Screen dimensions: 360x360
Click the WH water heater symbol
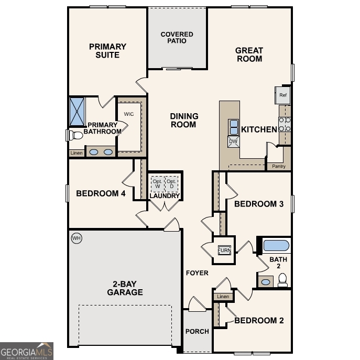click(x=77, y=238)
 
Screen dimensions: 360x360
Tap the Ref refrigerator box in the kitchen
click(x=283, y=95)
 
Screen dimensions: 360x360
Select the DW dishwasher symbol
click(x=233, y=141)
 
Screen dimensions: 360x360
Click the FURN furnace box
click(x=224, y=250)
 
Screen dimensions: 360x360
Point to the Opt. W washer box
click(x=157, y=184)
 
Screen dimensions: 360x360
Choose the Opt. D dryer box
click(x=171, y=184)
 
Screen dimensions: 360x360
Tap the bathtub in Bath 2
click(x=276, y=245)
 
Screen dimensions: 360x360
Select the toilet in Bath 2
click(x=282, y=281)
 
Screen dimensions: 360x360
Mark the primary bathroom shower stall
click(x=78, y=111)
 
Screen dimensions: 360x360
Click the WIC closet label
click(x=129, y=114)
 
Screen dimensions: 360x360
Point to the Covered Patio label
click(x=177, y=38)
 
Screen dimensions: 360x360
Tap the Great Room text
click(x=249, y=54)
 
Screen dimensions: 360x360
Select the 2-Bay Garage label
click(x=125, y=288)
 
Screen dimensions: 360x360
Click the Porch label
click(x=197, y=331)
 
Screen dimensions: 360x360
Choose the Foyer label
click(x=197, y=273)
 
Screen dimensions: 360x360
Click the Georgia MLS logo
click(x=27, y=351)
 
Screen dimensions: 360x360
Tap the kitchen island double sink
click(x=233, y=127)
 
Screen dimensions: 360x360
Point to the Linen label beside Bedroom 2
click(x=223, y=297)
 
